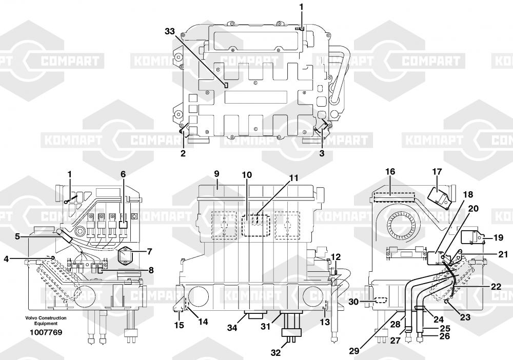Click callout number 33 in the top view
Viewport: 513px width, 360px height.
(170, 32)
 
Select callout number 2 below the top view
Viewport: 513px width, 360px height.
(183, 153)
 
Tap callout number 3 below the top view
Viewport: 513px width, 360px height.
(322, 153)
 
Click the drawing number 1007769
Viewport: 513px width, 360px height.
(46, 332)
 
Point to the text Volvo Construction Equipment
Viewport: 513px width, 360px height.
(46, 321)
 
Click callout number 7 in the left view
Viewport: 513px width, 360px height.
(149, 252)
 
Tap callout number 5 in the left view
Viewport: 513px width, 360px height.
(17, 236)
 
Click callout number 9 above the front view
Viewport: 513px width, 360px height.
(216, 174)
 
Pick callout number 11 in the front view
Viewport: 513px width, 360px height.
(294, 178)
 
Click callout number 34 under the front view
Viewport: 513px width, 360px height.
(232, 327)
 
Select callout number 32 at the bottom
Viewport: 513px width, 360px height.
(276, 353)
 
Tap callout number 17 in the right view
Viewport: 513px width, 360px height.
(437, 172)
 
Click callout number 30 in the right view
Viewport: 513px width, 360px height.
(353, 302)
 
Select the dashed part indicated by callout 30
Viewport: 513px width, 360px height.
(380, 300)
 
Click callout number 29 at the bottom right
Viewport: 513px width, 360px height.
(354, 351)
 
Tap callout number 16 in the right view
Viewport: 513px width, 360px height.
(390, 171)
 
